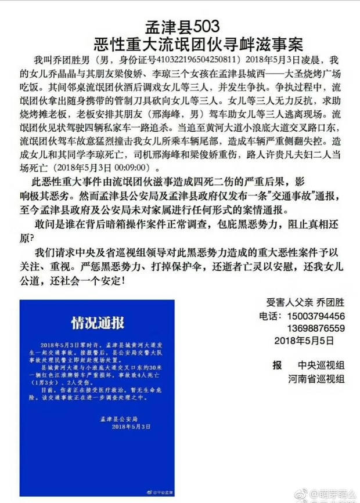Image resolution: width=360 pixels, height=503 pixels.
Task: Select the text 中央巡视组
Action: tap(322, 365)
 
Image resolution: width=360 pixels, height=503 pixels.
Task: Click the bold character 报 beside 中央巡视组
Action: tap(277, 365)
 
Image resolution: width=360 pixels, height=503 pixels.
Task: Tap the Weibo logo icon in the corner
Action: tap(300, 494)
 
